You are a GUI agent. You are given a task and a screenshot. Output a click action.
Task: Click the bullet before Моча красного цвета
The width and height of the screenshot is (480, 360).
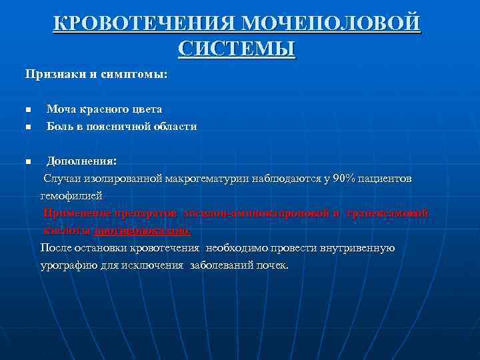tap(28, 109)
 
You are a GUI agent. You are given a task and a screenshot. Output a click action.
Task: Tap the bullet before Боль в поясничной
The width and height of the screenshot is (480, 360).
tap(28, 127)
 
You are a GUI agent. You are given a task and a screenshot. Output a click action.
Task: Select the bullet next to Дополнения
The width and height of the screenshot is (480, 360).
tap(28, 161)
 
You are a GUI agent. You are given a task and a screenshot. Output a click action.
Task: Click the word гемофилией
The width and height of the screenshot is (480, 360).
tap(72, 196)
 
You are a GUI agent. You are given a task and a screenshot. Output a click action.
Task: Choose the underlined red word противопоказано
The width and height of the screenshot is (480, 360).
tap(142, 231)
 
